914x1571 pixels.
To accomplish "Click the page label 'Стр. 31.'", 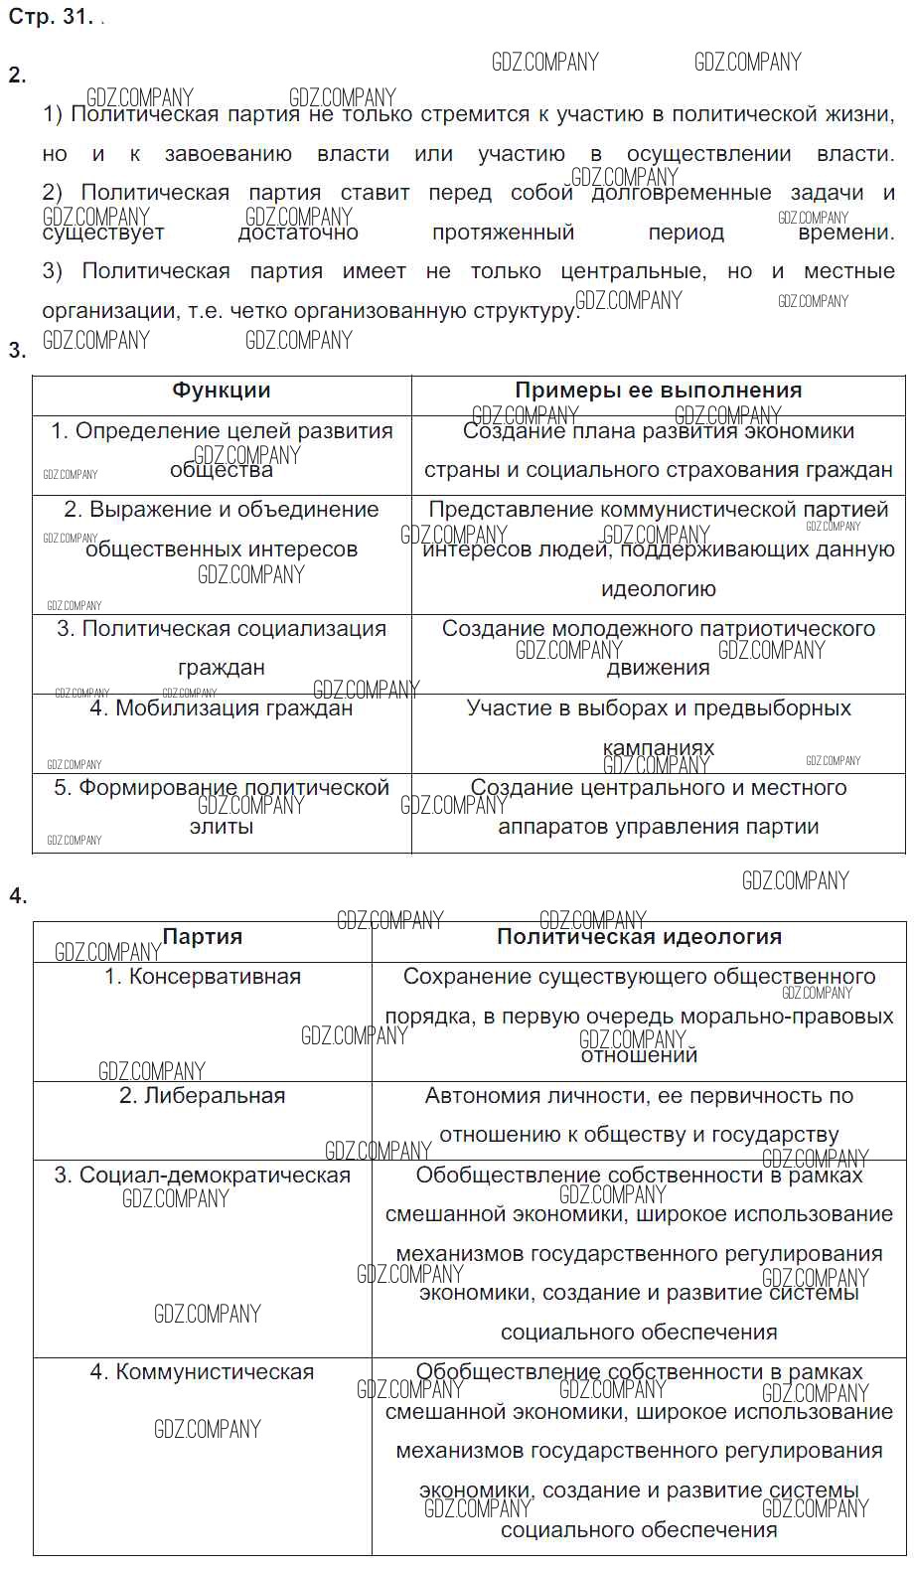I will pyautogui.click(x=51, y=18).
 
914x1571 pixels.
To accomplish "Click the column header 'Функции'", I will pyautogui.click(x=221, y=391).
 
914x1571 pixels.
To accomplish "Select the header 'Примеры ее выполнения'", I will pyautogui.click(x=658, y=391).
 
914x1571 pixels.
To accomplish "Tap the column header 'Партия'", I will pyautogui.click(x=202, y=936).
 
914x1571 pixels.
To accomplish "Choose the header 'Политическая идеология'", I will pyautogui.click(x=639, y=936).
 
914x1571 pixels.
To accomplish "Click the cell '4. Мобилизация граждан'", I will pyautogui.click(x=221, y=708).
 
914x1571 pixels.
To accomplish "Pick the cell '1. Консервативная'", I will pyautogui.click(x=202, y=977).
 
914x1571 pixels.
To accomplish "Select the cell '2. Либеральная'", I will pyautogui.click(x=202, y=1096).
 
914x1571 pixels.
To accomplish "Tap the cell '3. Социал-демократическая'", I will pyautogui.click(x=202, y=1176).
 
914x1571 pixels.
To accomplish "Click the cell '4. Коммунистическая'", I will pyautogui.click(x=202, y=1372).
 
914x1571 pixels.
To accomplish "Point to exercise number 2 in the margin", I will pyautogui.click(x=17, y=76).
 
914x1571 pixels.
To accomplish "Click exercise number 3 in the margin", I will pyautogui.click(x=17, y=350).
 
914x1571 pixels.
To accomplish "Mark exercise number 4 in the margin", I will pyautogui.click(x=17, y=896).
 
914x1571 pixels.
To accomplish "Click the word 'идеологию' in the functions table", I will pyautogui.click(x=658, y=589).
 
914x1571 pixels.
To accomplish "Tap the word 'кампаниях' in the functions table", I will pyautogui.click(x=658, y=747).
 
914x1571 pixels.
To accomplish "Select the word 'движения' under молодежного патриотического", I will pyautogui.click(x=658, y=668).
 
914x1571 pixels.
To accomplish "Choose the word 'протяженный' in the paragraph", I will pyautogui.click(x=503, y=233).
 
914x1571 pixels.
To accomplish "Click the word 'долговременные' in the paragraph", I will pyautogui.click(x=682, y=193).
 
